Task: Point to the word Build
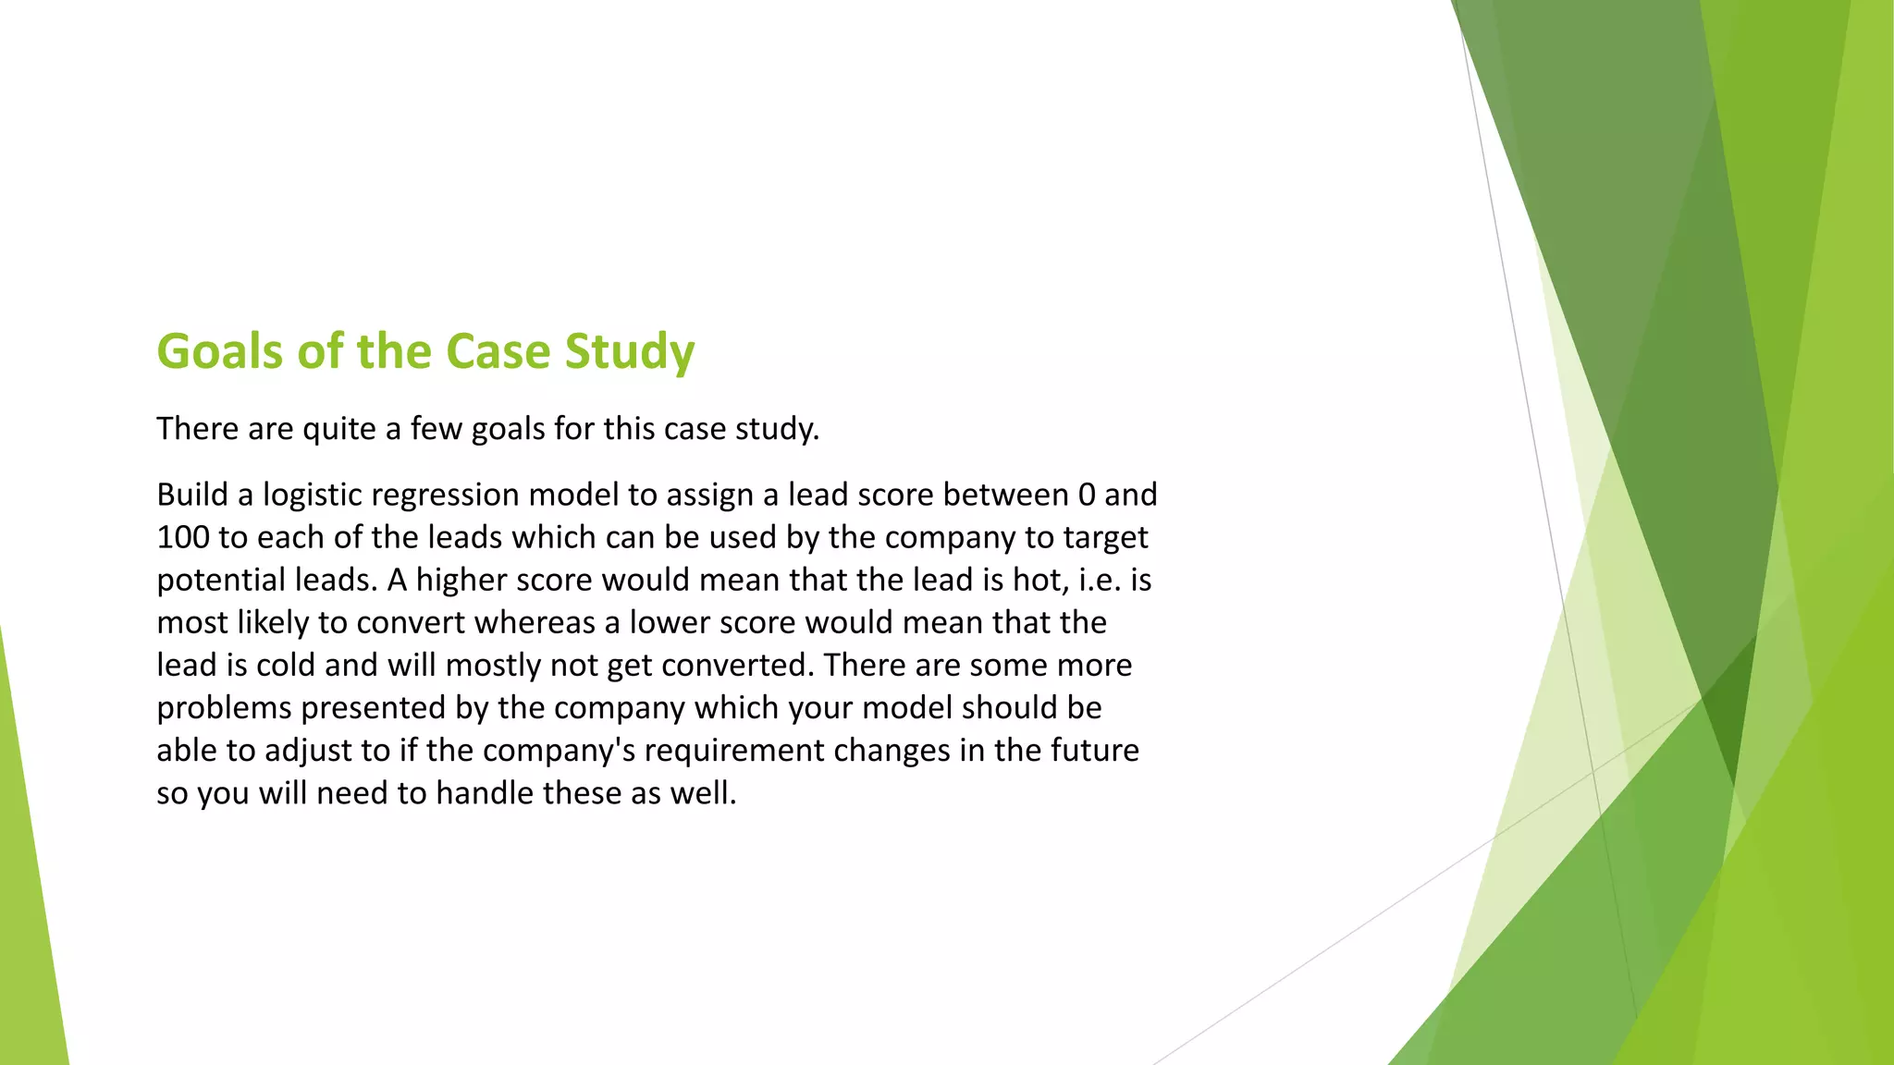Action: point(192,495)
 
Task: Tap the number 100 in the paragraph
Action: point(183,537)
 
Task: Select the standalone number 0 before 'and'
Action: point(1087,495)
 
